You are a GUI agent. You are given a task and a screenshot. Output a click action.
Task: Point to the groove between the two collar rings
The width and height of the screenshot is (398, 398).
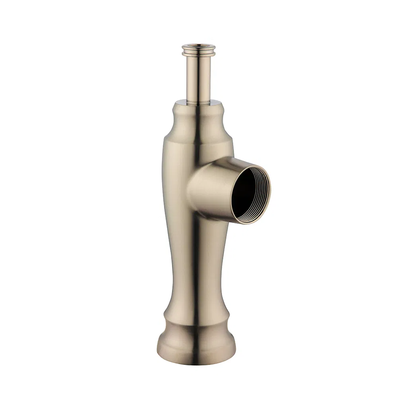(x=199, y=49)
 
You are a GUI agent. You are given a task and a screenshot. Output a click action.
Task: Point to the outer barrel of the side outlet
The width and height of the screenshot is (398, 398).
(x=211, y=187)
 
